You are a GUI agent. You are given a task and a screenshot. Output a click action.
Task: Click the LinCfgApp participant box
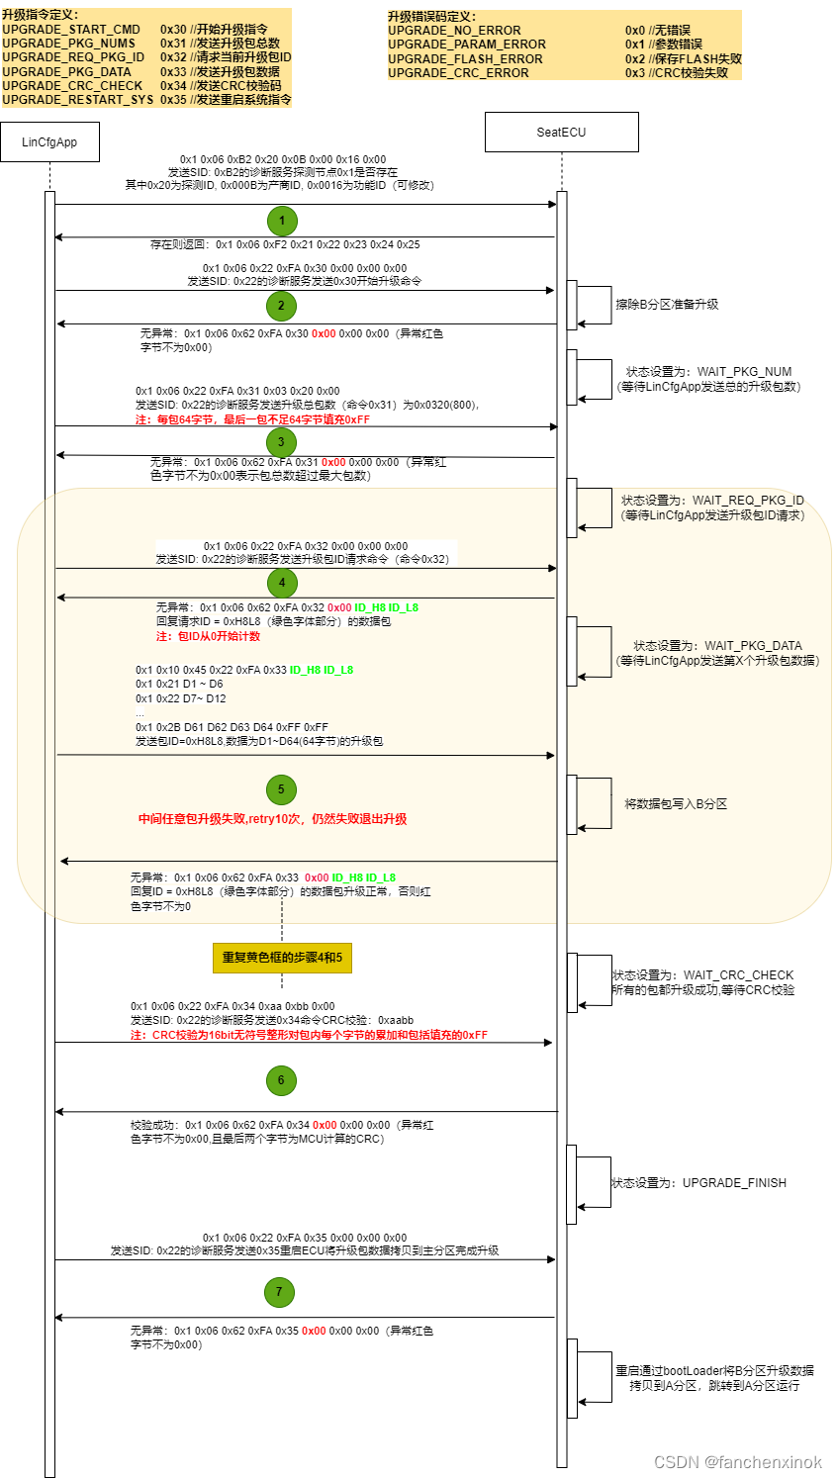49,142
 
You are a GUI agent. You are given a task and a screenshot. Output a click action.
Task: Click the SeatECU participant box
561,132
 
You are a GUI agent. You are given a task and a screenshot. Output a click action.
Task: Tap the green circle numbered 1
282,222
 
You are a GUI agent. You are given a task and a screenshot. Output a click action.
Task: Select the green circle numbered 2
281,306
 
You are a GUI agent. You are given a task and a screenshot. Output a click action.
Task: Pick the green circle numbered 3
281,442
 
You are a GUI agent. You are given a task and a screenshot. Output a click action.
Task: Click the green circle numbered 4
282,583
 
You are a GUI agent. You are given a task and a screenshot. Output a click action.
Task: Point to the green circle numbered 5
281,789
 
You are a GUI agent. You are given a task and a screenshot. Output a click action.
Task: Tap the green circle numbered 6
281,1080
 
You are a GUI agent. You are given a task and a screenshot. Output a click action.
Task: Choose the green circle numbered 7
279,1292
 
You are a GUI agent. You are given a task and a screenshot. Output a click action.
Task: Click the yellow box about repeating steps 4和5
282,958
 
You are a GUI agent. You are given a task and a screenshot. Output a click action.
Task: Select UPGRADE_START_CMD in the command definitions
71,30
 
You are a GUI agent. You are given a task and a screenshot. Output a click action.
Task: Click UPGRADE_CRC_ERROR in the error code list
458,73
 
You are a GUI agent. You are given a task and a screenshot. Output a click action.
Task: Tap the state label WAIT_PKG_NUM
744,372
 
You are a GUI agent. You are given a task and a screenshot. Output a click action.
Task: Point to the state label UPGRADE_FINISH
734,1183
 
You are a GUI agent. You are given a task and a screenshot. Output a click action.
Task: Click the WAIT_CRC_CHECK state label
738,975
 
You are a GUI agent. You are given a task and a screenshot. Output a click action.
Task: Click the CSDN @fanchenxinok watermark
738,1462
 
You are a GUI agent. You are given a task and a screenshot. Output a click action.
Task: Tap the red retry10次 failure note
272,819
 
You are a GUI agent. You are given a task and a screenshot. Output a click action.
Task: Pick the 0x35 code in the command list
173,100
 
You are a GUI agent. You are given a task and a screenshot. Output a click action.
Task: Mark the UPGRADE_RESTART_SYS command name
77,100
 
